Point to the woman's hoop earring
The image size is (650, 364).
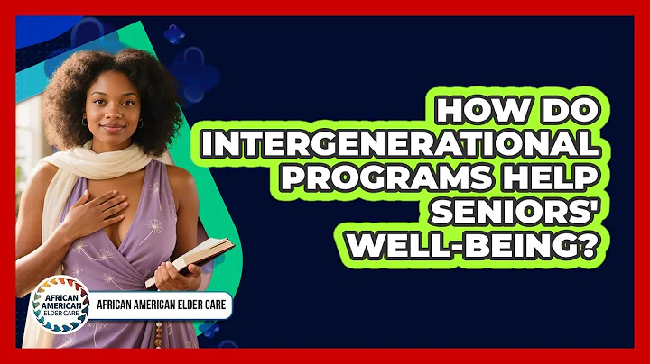coord(84,123)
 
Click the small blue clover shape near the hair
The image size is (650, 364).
coord(173,34)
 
